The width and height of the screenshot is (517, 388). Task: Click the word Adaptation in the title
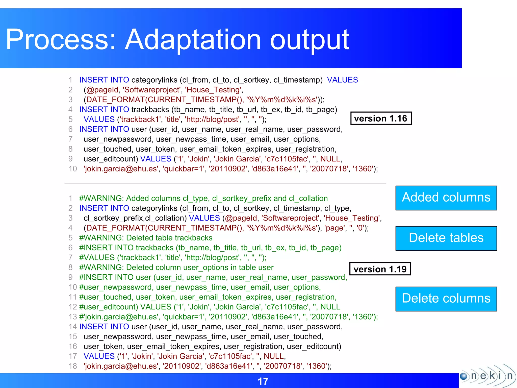coord(193,40)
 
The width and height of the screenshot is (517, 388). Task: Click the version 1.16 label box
coord(381,118)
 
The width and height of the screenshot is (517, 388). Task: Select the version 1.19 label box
coord(380,269)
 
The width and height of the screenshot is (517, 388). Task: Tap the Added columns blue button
coord(446,198)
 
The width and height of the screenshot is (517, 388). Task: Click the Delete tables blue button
coord(446,238)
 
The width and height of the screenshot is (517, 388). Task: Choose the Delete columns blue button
coord(446,299)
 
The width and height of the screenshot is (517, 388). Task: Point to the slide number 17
coord(263,381)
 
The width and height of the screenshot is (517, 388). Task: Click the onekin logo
coord(487,376)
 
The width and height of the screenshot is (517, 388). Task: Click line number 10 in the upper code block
coord(73,169)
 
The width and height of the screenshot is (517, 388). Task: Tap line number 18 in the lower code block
coord(73,366)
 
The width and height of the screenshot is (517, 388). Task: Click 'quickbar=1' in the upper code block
coord(184,169)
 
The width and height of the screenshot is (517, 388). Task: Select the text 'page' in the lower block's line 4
coord(334,228)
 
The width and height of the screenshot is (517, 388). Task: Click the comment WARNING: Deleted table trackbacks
coord(146,238)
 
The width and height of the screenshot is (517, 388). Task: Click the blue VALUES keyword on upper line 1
coord(342,80)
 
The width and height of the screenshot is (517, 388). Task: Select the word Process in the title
coord(58,40)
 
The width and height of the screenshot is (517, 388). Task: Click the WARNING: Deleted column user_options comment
coord(176,268)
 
